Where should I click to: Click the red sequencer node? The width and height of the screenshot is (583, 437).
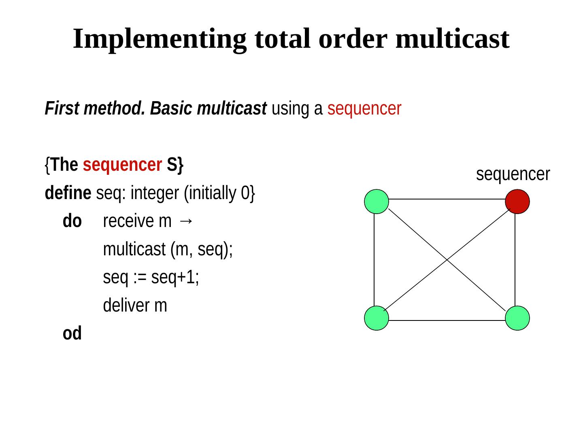[x=517, y=202]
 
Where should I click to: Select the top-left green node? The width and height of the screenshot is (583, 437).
[x=377, y=202]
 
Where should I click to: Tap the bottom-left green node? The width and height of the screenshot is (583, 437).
[x=377, y=318]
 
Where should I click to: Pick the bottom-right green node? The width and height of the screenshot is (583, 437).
[x=517, y=318]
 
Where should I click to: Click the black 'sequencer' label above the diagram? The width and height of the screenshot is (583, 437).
[x=513, y=174]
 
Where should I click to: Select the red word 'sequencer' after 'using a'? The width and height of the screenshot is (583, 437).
[x=364, y=108]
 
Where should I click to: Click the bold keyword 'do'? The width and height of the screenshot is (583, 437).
[x=72, y=221]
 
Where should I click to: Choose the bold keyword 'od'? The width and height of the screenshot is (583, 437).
[x=72, y=334]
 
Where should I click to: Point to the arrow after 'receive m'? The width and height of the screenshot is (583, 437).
[x=185, y=221]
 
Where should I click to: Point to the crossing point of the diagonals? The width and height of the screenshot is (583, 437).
[x=447, y=259]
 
